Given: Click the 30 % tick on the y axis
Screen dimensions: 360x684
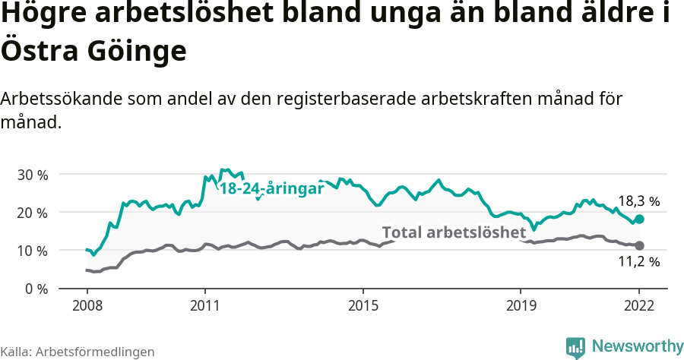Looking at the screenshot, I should click(x=32, y=174).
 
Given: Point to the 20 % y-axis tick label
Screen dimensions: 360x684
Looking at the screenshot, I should click(x=32, y=212).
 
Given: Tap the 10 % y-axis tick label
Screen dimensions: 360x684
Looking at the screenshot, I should click(x=32, y=251).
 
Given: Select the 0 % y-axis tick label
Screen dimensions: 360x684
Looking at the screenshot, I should click(x=35, y=289).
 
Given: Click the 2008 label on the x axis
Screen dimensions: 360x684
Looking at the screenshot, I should click(x=87, y=305).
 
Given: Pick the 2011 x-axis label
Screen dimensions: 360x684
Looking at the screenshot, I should click(x=204, y=305).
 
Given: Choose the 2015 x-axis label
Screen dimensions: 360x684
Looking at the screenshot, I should click(x=363, y=305).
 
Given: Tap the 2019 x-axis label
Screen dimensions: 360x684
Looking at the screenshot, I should click(x=521, y=305).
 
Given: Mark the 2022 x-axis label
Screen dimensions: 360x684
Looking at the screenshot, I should click(x=639, y=305).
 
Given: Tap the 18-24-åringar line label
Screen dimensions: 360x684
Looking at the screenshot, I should click(x=272, y=188).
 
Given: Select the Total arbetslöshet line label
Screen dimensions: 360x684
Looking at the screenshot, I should click(x=454, y=232).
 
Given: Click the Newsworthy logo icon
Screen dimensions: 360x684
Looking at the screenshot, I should click(x=575, y=346).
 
